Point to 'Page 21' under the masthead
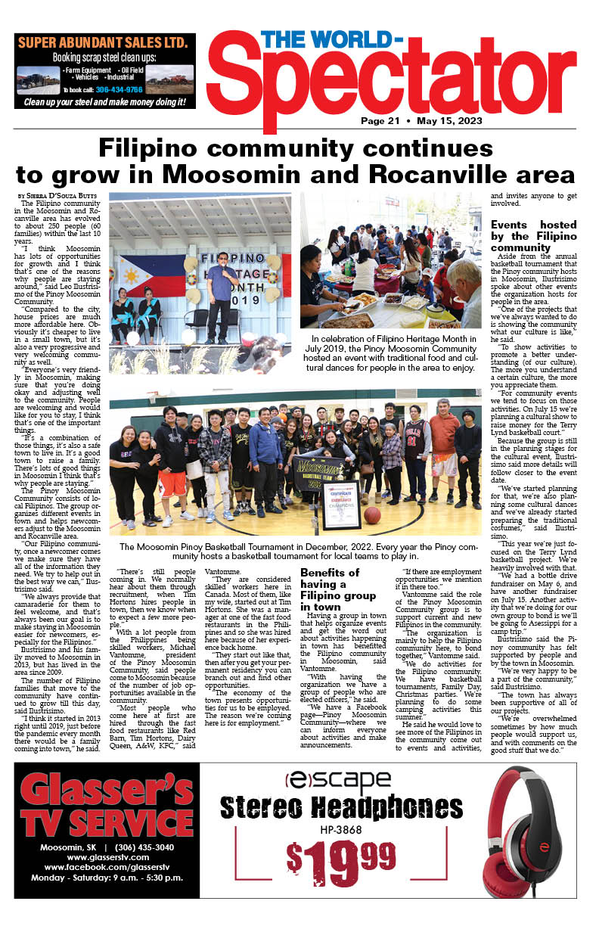pyautogui.click(x=380, y=121)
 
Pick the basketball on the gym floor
pyautogui.click(x=371, y=515)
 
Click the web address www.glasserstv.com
pyautogui.click(x=107, y=856)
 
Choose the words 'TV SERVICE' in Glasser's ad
pyautogui.click(x=107, y=822)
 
